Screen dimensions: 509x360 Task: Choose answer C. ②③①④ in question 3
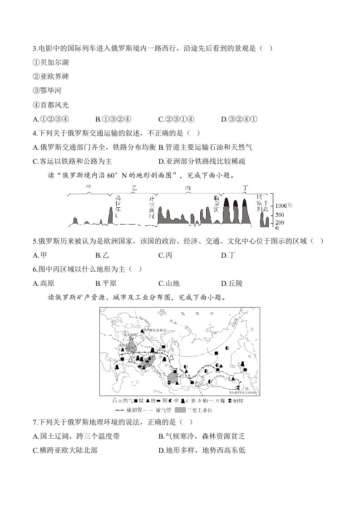[176, 119]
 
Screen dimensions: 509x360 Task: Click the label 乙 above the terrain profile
[134, 187]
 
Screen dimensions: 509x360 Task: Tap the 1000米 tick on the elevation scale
[284, 205]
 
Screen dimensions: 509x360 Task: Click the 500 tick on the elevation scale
[280, 215]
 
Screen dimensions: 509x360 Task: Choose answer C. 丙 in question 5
[165, 255]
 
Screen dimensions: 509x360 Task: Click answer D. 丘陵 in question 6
[232, 284]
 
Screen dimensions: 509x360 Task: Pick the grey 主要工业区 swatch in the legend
[180, 410]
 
